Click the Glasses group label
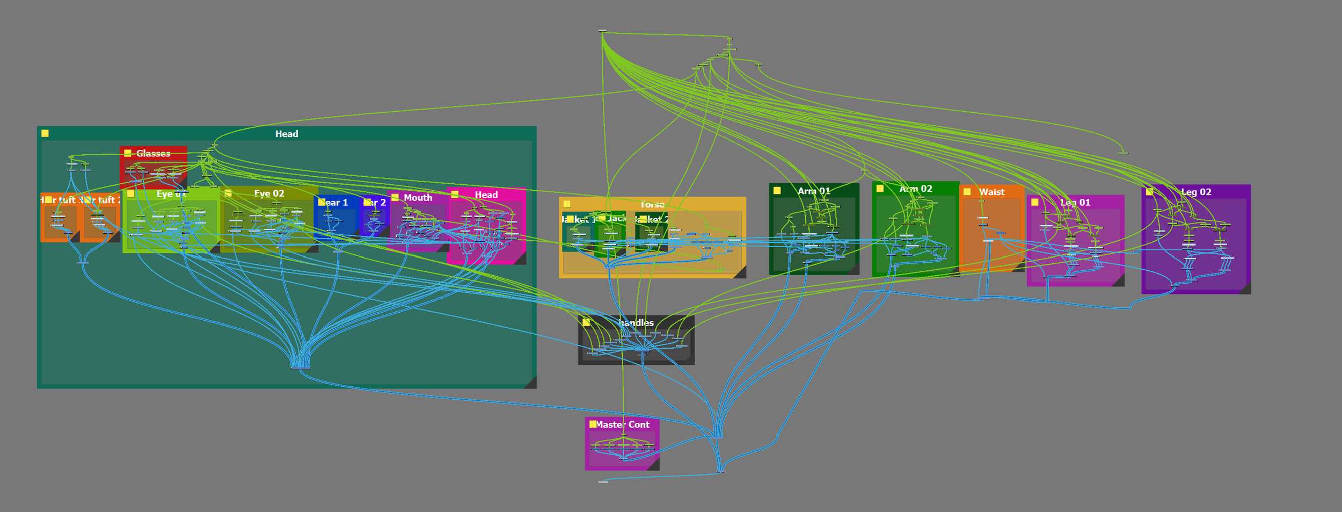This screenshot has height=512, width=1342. (x=153, y=154)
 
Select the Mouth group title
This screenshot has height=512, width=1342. (x=418, y=198)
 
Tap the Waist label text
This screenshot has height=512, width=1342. (x=991, y=192)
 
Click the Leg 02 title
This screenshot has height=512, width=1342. (x=1196, y=192)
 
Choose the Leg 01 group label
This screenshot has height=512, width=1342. (x=1075, y=203)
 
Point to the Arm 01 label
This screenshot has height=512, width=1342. (x=814, y=191)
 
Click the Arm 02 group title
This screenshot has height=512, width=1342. (x=916, y=189)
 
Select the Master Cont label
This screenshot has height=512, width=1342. (x=623, y=424)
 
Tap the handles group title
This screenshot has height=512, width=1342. (x=636, y=323)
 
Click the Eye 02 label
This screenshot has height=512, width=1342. (x=269, y=193)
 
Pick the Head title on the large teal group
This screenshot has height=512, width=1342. (x=287, y=134)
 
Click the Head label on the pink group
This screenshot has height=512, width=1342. (x=486, y=194)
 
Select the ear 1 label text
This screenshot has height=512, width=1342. (x=337, y=203)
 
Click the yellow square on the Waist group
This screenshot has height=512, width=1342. (x=967, y=192)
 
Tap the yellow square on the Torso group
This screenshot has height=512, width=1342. (x=567, y=204)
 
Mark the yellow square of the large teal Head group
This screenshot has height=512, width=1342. (x=45, y=133)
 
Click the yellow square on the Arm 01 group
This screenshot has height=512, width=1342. (x=777, y=190)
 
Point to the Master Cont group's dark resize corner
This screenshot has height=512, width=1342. (x=654, y=465)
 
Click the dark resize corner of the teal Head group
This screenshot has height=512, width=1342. (x=531, y=383)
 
